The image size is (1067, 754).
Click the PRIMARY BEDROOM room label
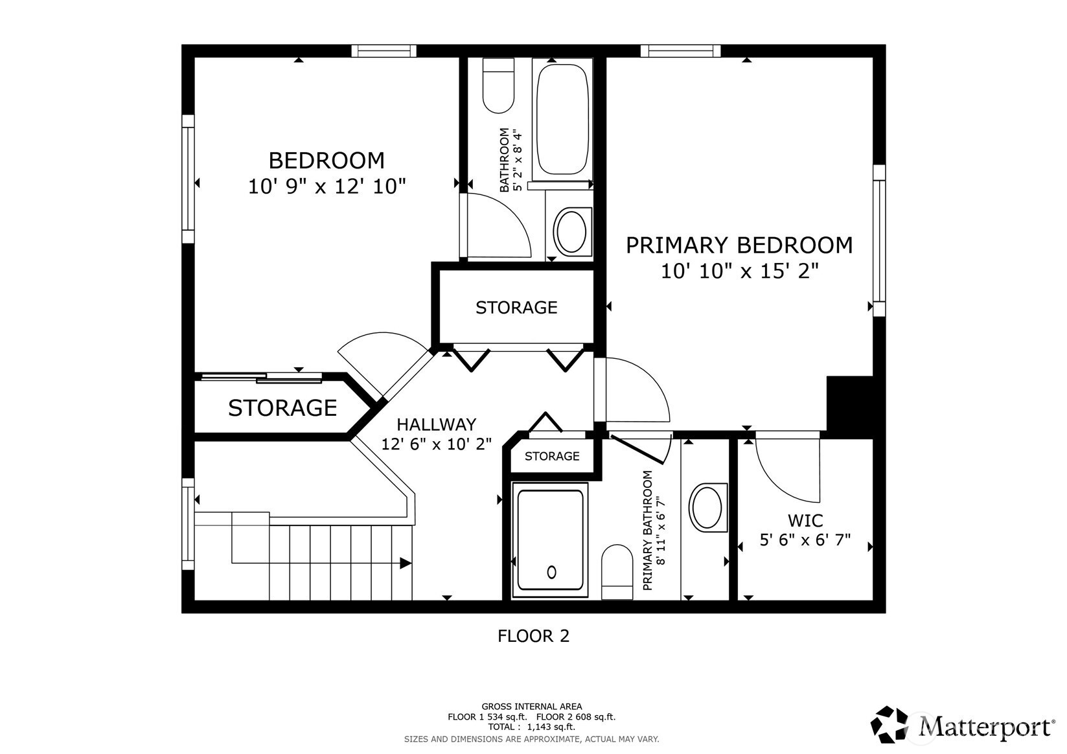(739, 246)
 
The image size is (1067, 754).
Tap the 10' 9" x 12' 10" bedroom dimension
(327, 187)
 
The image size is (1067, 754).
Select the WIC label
(805, 521)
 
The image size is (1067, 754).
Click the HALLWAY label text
(437, 424)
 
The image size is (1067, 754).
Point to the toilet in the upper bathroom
(498, 86)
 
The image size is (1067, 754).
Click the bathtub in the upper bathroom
(562, 119)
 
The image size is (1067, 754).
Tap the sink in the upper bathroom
(571, 232)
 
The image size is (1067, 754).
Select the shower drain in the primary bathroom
(551, 572)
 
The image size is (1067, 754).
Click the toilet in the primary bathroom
(617, 572)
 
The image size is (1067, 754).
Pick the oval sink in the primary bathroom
(707, 507)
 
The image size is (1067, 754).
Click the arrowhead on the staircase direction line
(406, 564)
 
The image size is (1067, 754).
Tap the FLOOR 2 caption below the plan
(534, 636)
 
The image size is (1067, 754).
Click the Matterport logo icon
(889, 725)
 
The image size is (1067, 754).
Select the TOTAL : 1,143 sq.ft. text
(532, 727)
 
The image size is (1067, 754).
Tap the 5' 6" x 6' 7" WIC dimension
(805, 540)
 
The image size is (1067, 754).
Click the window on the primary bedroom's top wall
(680, 51)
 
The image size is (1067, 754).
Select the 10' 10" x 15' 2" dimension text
(739, 271)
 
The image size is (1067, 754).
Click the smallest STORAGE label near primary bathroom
(552, 456)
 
